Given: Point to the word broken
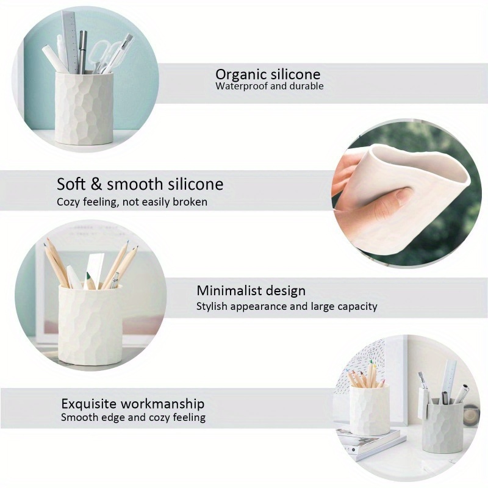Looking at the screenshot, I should (x=190, y=202).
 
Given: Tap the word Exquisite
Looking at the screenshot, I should (x=90, y=404).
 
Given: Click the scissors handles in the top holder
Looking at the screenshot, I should (x=101, y=55).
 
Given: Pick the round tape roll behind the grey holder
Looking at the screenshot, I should (x=470, y=415).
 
